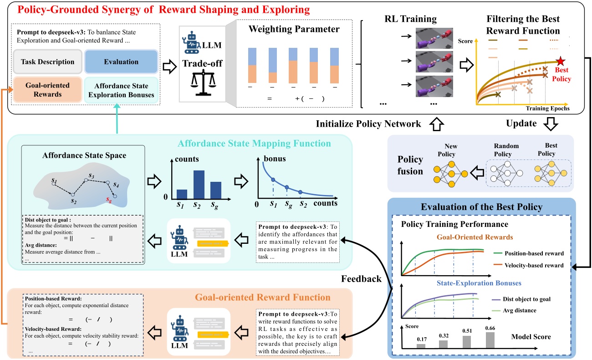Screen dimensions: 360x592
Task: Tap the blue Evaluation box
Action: tap(121, 62)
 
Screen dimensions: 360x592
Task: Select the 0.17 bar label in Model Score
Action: tap(421, 339)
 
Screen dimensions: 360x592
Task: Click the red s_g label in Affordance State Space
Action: tap(107, 199)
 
